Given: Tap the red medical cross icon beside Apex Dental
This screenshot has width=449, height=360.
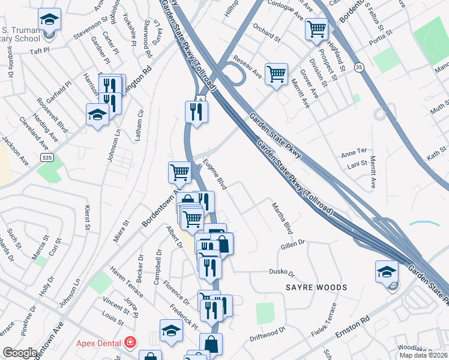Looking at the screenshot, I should (x=130, y=343).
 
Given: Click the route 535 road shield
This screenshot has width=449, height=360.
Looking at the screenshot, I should (x=46, y=157).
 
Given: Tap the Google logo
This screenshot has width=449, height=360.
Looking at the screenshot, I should (x=20, y=353).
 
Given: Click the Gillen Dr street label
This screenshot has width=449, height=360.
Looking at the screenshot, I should (x=294, y=245).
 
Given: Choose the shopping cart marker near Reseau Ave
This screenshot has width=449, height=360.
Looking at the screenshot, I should (x=276, y=75).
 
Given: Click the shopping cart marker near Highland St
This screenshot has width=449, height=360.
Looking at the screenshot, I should (x=316, y=29).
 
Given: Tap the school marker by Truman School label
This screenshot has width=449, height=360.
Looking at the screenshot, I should (x=49, y=19).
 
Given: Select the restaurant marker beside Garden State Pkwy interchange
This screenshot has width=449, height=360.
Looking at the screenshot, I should (x=196, y=112).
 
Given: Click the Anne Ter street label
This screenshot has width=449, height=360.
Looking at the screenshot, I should (x=353, y=151).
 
